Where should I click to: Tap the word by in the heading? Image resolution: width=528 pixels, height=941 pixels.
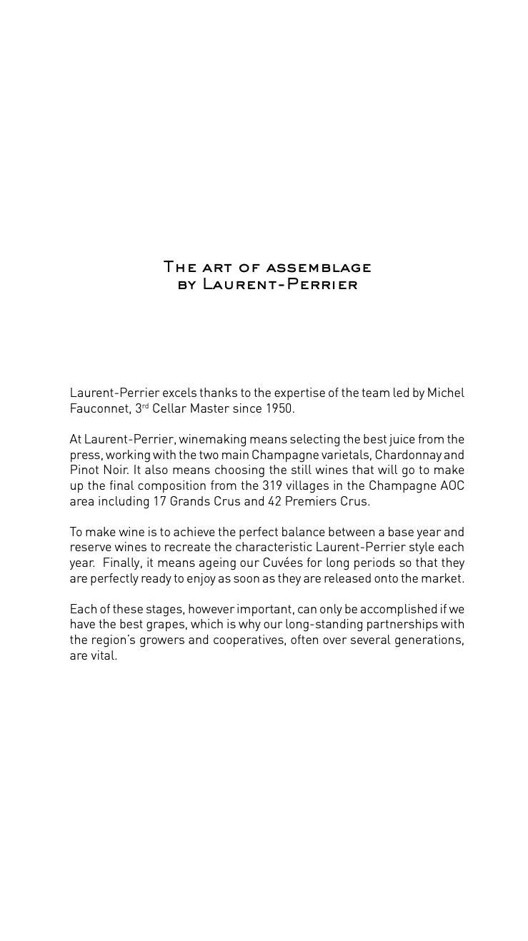click(186, 285)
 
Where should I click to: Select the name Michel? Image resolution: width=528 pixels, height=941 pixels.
click(446, 393)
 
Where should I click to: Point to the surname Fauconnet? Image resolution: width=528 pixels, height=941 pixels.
click(99, 408)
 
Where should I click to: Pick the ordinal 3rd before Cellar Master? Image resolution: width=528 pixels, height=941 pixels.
click(141, 408)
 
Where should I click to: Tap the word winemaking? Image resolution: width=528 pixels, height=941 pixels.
click(212, 439)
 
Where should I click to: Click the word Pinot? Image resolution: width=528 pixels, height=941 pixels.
click(84, 470)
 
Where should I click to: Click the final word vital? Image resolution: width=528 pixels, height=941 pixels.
click(104, 655)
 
